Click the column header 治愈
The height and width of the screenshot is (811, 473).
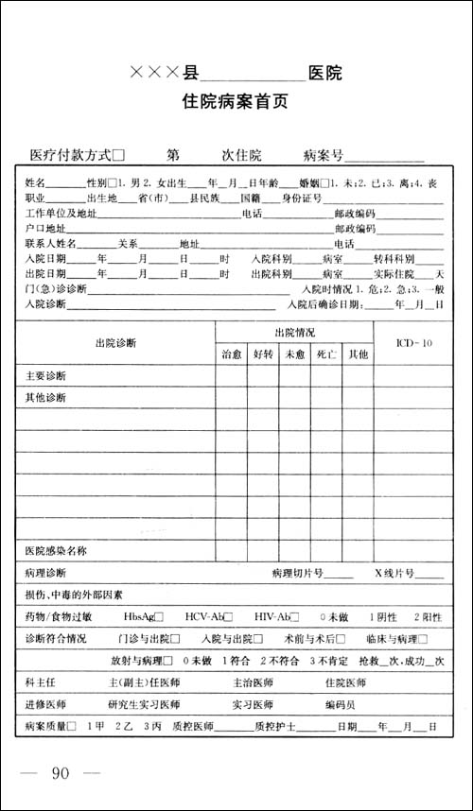pos(232,354)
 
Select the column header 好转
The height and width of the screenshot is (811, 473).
pos(263,354)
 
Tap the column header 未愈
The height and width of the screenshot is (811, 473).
pos(294,354)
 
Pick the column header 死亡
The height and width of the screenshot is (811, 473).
pos(326,354)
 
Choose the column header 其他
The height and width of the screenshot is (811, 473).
pos(358,354)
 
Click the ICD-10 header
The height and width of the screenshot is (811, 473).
pos(413,343)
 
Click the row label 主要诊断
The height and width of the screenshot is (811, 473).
pos(45,376)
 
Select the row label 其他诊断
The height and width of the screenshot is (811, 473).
pos(45,397)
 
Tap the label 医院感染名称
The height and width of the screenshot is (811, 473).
pos(56,550)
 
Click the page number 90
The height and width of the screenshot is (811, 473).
pos(61,775)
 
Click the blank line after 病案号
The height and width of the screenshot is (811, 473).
pos(391,155)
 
